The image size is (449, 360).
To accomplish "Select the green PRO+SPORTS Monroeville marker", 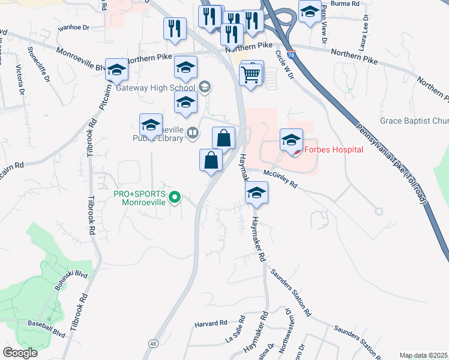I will [x=175, y=196].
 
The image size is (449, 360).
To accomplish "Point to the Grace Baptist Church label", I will [x=414, y=121].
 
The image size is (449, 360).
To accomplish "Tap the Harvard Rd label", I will [x=211, y=323].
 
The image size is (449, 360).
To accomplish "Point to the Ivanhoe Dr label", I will [x=73, y=28].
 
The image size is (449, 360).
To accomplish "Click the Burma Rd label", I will [x=348, y=4].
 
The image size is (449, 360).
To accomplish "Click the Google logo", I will [x=20, y=353].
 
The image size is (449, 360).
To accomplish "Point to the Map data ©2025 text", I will [x=423, y=355].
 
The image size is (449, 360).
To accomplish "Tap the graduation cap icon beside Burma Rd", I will [x=310, y=13].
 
